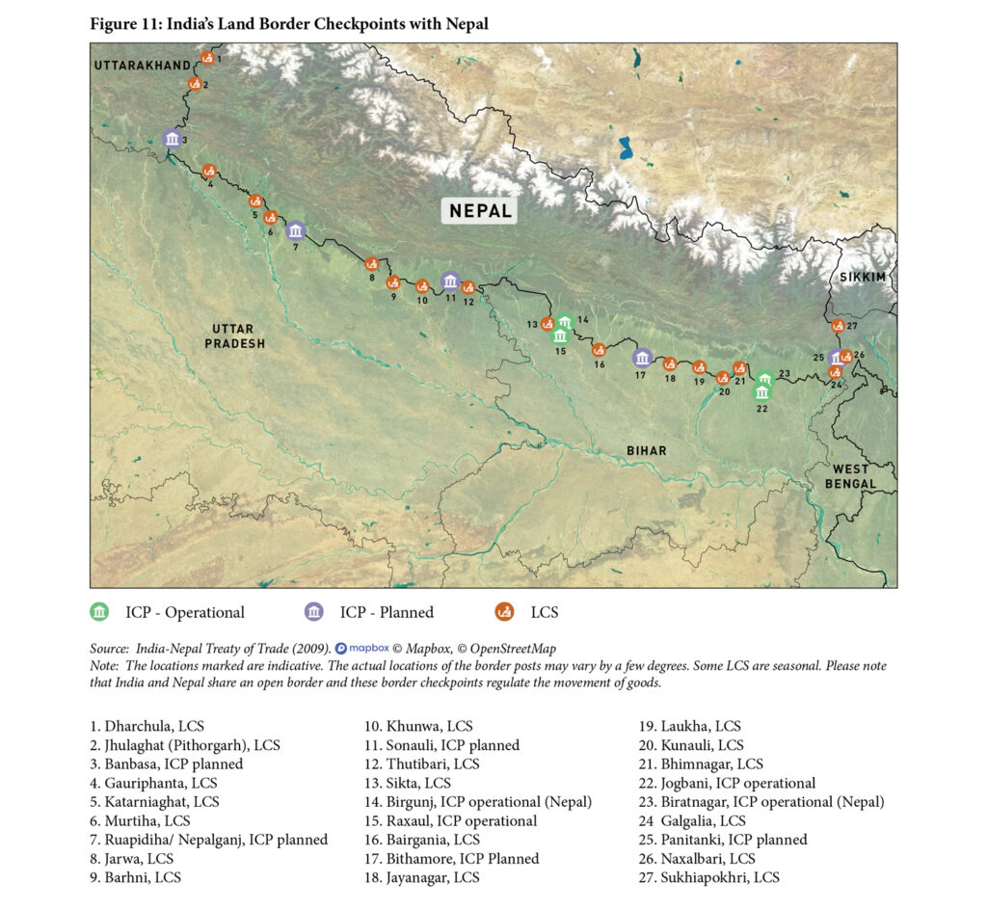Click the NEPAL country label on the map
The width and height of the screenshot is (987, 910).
click(x=479, y=210)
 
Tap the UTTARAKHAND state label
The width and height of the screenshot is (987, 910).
click(x=142, y=65)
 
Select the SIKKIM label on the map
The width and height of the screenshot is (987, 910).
click(x=861, y=277)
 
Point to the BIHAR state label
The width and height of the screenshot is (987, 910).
click(x=645, y=450)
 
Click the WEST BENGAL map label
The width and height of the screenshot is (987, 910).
click(x=850, y=476)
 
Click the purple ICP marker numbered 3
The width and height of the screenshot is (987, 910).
click(x=172, y=140)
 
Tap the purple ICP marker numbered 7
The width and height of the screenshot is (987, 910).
click(x=296, y=230)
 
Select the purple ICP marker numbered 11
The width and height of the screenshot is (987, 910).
click(x=449, y=281)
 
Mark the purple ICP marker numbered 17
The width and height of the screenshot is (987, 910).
click(x=642, y=358)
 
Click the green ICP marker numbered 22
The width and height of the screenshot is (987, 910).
click(x=762, y=392)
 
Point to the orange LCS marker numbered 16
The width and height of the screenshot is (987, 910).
click(x=599, y=349)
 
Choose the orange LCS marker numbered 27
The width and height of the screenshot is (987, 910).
click(x=838, y=326)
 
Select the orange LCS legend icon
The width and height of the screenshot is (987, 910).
click(x=503, y=612)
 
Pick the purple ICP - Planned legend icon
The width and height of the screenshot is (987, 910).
click(x=314, y=612)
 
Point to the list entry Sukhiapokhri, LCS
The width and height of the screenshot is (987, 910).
click(x=709, y=877)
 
